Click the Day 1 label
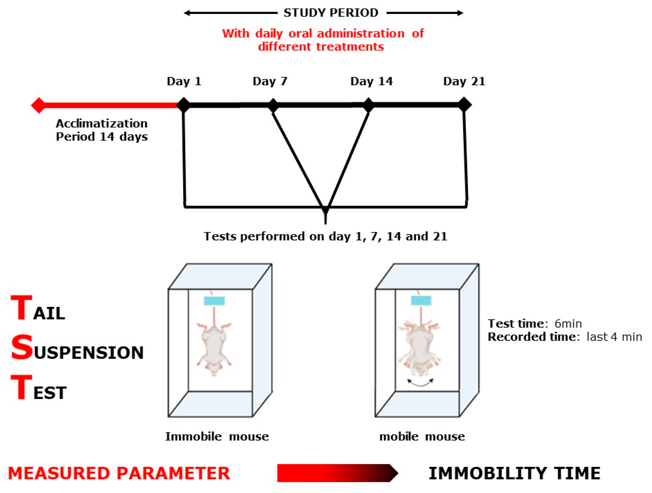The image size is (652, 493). click(184, 81)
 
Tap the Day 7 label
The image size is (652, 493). click(270, 81)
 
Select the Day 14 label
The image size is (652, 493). click(371, 81)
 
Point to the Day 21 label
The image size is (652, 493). click(464, 81)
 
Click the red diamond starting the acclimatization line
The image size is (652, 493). click(39, 105)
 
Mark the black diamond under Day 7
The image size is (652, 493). click(273, 105)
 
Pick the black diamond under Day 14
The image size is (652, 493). click(369, 105)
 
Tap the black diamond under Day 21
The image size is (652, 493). click(464, 105)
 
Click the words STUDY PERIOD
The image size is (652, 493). click(331, 13)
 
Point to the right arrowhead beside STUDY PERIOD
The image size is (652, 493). click(460, 13)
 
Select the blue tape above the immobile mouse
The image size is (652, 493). click(214, 301)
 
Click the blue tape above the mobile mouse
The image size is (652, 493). click(421, 301)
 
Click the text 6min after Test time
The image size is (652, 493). click(568, 324)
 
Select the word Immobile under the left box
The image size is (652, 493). click(193, 437)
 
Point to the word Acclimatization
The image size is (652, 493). click(102, 124)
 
